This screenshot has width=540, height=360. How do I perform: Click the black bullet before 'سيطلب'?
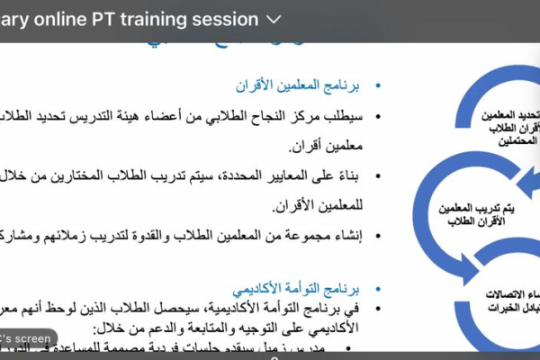(377, 117)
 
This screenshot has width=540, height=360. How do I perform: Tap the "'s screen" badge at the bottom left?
(27, 338)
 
